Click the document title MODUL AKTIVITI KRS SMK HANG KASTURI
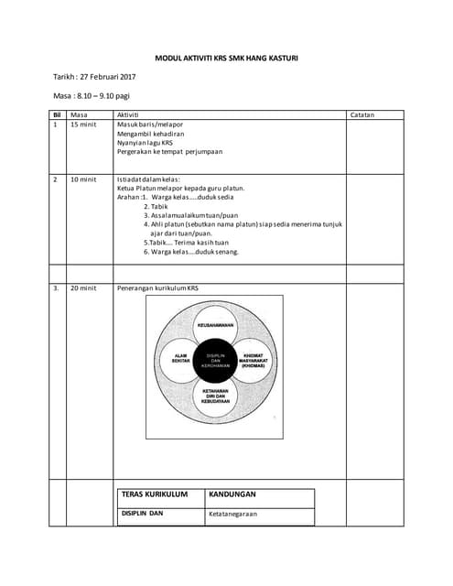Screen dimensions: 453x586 pos(226,58)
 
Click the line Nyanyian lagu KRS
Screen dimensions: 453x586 pos(145,143)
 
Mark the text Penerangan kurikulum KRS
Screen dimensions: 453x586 pos(157,288)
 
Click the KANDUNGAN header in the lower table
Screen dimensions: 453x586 pos(232,494)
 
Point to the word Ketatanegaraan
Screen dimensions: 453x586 pos(232,515)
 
